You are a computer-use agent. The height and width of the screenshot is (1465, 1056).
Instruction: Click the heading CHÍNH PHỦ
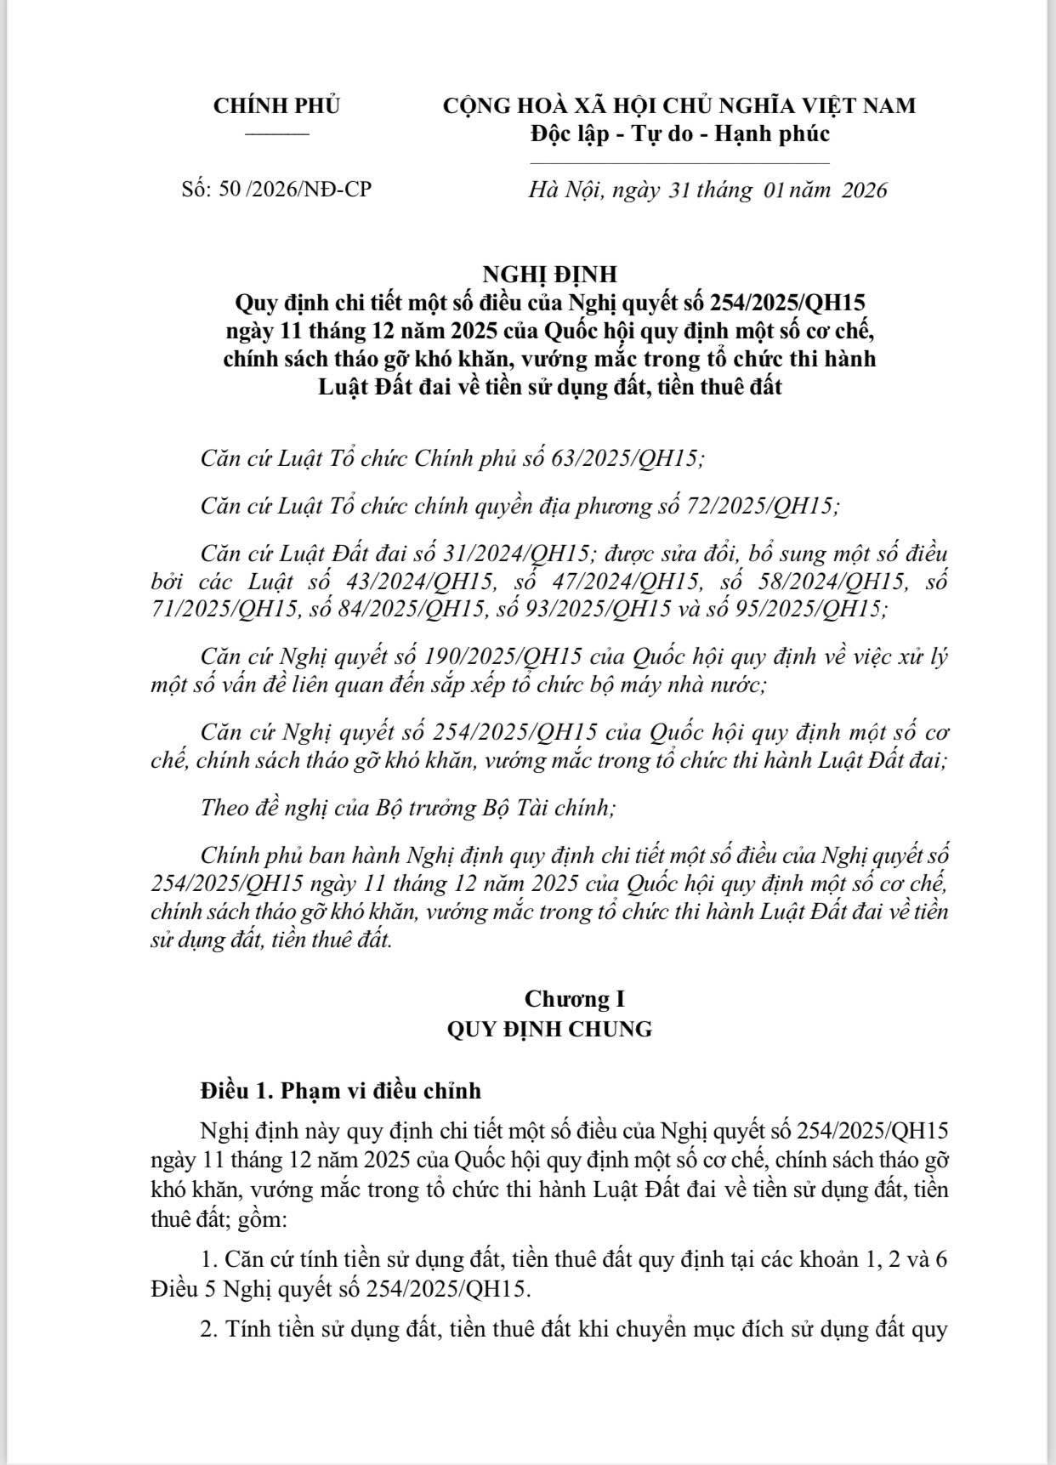(x=276, y=106)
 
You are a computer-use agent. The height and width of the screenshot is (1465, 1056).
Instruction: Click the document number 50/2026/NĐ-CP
(x=295, y=189)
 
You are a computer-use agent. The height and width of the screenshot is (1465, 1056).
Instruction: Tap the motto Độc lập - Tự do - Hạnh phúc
(x=679, y=133)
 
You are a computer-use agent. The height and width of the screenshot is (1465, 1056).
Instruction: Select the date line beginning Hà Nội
(x=707, y=190)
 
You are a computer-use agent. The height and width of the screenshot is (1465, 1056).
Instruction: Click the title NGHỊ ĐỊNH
(x=549, y=275)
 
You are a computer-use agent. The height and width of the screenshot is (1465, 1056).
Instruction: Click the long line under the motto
(x=679, y=162)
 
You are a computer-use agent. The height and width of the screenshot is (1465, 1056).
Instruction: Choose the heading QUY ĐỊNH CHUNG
(x=549, y=1029)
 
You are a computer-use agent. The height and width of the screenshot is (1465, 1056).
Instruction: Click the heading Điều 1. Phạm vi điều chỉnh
(x=340, y=1090)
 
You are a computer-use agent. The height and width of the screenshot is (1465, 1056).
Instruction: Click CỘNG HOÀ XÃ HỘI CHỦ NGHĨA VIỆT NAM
(x=679, y=106)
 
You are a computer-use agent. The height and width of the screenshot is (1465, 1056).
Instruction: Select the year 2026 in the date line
(x=864, y=190)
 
